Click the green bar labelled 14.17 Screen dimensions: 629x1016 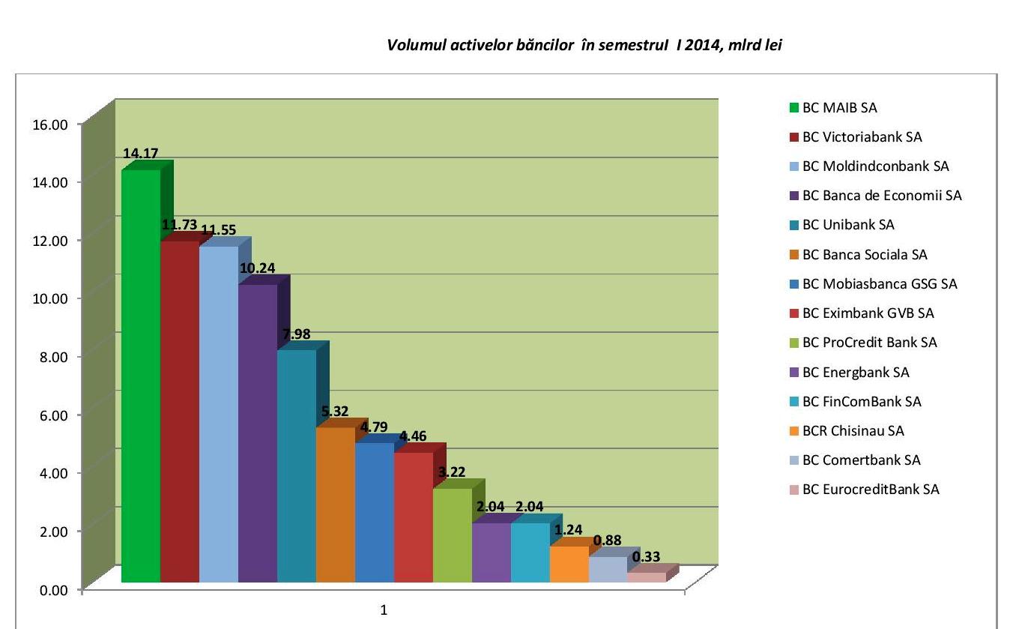pyautogui.click(x=141, y=375)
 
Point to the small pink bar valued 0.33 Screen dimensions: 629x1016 pyautogui.click(x=647, y=577)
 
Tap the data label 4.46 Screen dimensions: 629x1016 pyautogui.click(x=412, y=436)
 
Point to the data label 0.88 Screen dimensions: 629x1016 pyautogui.click(x=607, y=541)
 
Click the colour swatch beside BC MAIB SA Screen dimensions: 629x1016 pyautogui.click(x=794, y=108)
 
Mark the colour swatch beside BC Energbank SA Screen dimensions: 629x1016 pyautogui.click(x=794, y=373)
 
